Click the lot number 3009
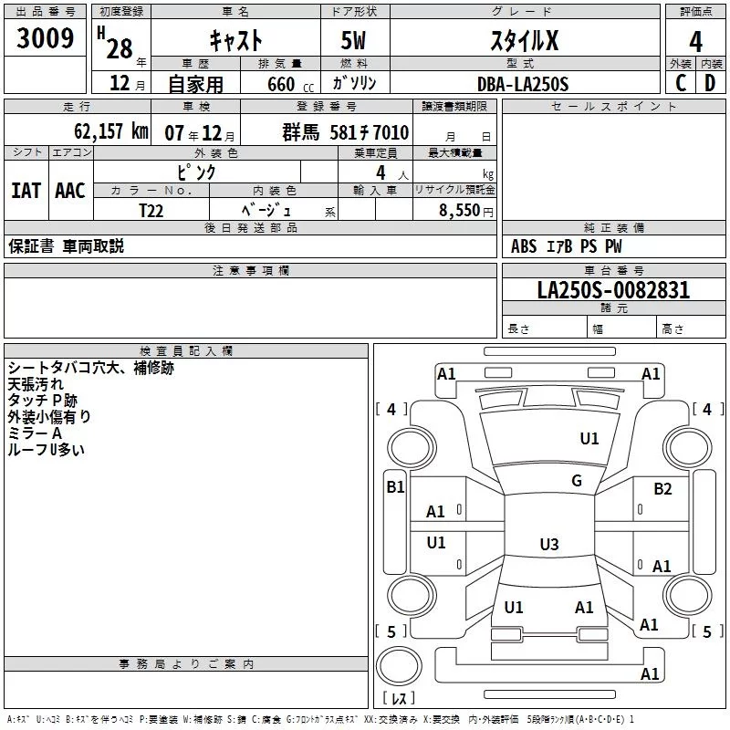pyautogui.click(x=45, y=38)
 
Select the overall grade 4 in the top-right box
pyautogui.click(x=695, y=41)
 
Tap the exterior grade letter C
pyautogui.click(x=681, y=83)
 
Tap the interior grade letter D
pyautogui.click(x=710, y=83)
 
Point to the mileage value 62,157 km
pyautogui.click(x=111, y=131)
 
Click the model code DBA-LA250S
pyautogui.click(x=523, y=84)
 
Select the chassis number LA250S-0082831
pyautogui.click(x=613, y=290)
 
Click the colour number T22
pyautogui.click(x=151, y=211)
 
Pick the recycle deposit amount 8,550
pyautogui.click(x=459, y=210)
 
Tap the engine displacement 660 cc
pyautogui.click(x=290, y=84)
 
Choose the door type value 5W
pyautogui.click(x=353, y=40)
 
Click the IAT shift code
pyautogui.click(x=26, y=190)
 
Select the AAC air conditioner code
pyautogui.click(x=70, y=190)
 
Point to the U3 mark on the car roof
pyautogui.click(x=549, y=544)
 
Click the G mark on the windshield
pyautogui.click(x=577, y=480)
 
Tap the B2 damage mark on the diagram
pyautogui.click(x=662, y=488)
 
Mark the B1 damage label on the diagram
pyautogui.click(x=395, y=487)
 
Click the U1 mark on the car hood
pyautogui.click(x=589, y=438)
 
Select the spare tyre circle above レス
pyautogui.click(x=399, y=665)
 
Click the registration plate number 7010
pyautogui.click(x=391, y=132)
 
